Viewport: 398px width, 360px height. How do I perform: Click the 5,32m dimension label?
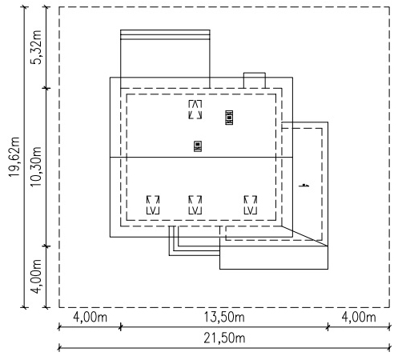click(36, 47)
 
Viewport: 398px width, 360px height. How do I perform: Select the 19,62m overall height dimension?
click(14, 157)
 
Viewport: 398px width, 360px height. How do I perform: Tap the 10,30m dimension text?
click(36, 166)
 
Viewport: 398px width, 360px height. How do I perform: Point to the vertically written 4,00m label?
click(36, 276)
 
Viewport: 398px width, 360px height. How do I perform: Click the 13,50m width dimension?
click(224, 317)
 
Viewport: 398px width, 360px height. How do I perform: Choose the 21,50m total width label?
click(224, 338)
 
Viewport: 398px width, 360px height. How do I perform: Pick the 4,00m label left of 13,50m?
click(90, 317)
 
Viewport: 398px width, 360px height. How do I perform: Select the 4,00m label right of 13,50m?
click(359, 317)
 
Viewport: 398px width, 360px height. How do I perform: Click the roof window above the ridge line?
click(195, 110)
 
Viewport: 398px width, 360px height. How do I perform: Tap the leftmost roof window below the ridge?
click(153, 205)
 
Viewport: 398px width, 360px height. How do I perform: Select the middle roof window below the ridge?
click(195, 205)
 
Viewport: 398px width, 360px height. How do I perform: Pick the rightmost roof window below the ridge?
click(251, 205)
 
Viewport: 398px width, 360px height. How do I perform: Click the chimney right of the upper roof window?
click(229, 118)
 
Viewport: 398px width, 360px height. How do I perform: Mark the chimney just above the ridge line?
click(198, 146)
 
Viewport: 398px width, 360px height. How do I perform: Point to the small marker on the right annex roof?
click(304, 185)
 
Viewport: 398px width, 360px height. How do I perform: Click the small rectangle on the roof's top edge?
click(255, 80)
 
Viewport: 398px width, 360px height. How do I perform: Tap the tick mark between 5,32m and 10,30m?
click(46, 88)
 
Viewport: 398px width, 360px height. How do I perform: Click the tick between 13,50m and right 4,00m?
click(328, 326)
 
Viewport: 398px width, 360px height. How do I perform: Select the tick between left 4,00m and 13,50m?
click(120, 326)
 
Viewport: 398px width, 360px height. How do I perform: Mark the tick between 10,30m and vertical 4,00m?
click(46, 246)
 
